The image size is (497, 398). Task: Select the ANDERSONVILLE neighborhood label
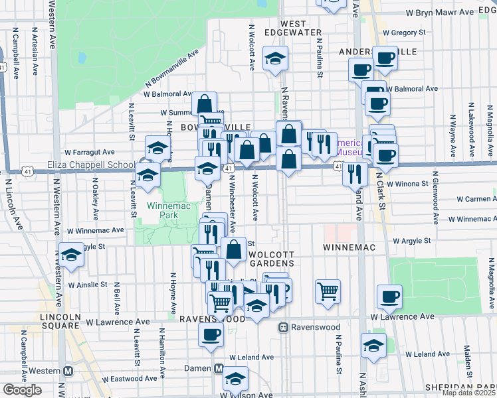[x=377, y=51]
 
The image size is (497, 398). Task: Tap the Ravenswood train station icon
[x=283, y=327]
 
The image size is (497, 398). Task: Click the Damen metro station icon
[x=219, y=368]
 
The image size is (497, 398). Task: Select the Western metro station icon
[x=68, y=370]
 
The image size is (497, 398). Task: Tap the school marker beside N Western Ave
[x=71, y=255]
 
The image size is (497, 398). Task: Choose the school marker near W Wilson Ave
[x=235, y=378]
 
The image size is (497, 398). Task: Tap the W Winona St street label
[x=408, y=183]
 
